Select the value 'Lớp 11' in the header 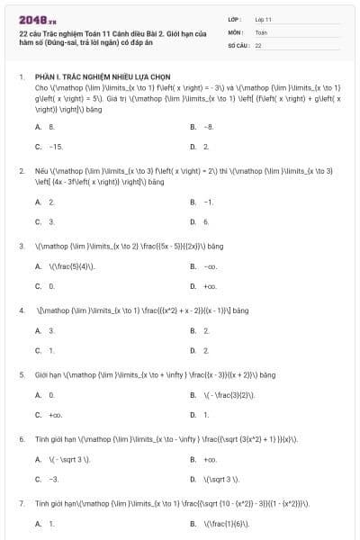(263, 19)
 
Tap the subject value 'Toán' (261, 31)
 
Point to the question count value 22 (258, 44)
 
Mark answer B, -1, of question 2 (208, 202)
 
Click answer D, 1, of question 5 (206, 414)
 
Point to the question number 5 (22, 374)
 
